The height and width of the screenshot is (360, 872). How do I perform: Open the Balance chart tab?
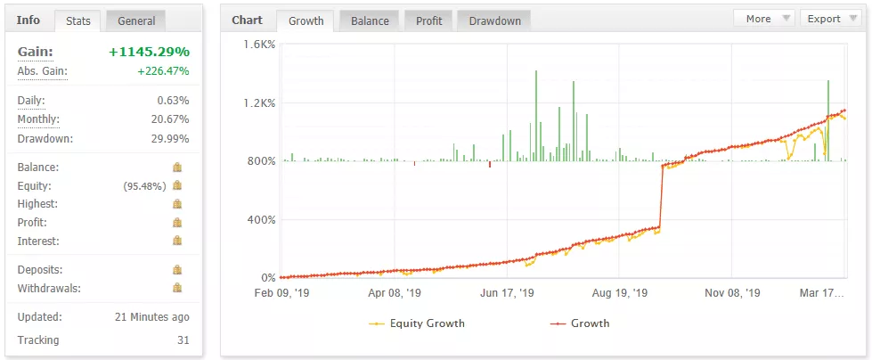(369, 20)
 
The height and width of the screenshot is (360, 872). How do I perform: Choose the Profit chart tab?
(428, 20)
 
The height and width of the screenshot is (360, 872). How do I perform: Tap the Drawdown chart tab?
(494, 20)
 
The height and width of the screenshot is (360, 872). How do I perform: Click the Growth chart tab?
(305, 20)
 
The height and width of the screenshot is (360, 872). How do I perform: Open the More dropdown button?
(763, 19)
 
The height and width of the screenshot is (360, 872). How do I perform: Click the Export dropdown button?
(830, 19)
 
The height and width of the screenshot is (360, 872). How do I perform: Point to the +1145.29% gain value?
(149, 53)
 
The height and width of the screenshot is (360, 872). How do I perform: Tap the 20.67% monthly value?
(169, 120)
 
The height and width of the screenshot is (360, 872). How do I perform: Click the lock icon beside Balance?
(177, 168)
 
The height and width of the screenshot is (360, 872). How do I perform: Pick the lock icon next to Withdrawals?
(177, 288)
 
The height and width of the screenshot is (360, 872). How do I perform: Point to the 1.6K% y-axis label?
(259, 45)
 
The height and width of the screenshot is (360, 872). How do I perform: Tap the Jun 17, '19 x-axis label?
(506, 293)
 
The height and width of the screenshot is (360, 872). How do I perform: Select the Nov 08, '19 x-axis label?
(731, 293)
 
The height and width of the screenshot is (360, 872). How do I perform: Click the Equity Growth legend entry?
(418, 323)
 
